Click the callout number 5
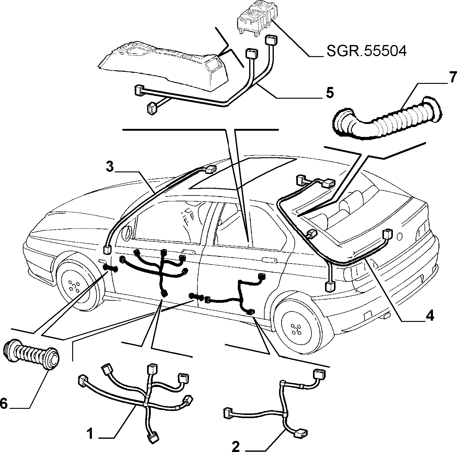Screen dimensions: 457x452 coord(330,93)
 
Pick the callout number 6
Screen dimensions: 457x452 coord(4,404)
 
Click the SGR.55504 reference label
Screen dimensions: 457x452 coord(366,51)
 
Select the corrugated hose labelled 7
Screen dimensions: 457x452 coord(388,117)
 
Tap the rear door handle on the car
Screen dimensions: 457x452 coord(269,259)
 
